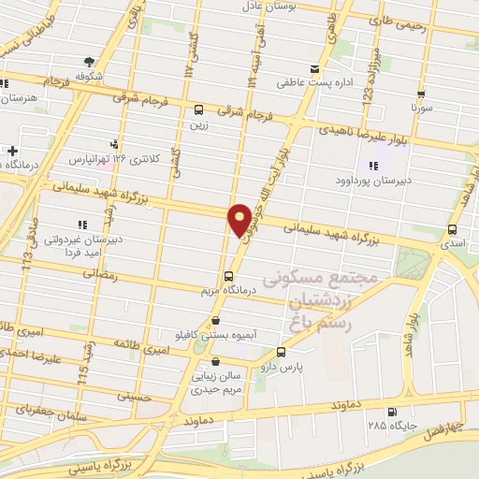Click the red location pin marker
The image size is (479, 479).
239,219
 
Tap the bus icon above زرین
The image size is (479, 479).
198,109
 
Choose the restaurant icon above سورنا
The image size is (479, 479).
422,94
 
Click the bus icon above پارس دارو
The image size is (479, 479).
282,353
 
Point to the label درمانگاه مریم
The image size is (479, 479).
222,290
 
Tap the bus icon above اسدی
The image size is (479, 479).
453,229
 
